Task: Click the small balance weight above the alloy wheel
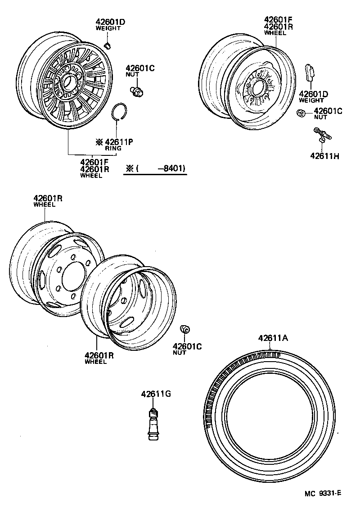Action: click(x=108, y=44)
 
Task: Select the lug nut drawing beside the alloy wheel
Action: click(x=136, y=91)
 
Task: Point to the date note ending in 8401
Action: click(x=156, y=169)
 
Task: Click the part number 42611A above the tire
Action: click(x=273, y=338)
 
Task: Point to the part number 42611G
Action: click(x=156, y=394)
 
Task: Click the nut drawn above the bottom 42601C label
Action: click(x=184, y=330)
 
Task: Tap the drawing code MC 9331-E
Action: click(x=323, y=493)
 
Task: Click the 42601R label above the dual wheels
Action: click(x=47, y=199)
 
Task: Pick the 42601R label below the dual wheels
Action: click(x=99, y=356)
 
